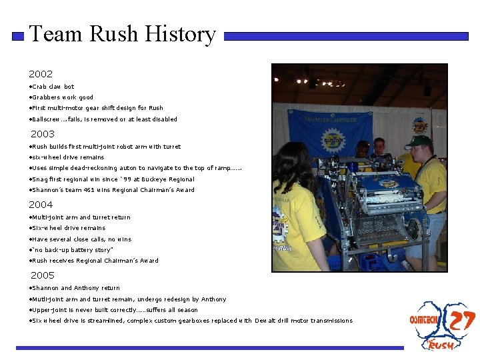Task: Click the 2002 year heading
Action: [41, 74]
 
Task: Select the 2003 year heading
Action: [43, 134]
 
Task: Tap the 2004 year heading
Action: [41, 205]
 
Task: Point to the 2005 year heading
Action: [43, 275]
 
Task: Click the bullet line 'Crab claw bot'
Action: [53, 87]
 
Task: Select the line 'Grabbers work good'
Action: [62, 97]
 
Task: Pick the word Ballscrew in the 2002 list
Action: [46, 119]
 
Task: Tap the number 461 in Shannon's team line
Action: [90, 190]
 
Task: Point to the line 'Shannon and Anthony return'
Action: [75, 288]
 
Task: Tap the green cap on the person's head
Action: [418, 141]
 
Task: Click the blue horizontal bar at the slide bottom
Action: [209, 347]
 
